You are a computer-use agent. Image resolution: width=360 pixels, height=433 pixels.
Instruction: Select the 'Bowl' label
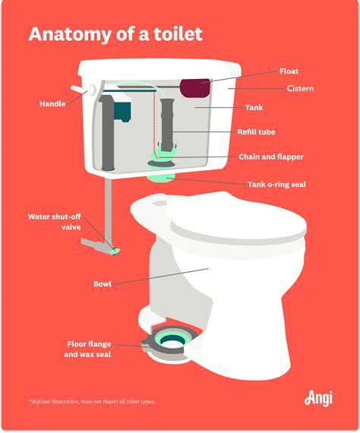103,284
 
